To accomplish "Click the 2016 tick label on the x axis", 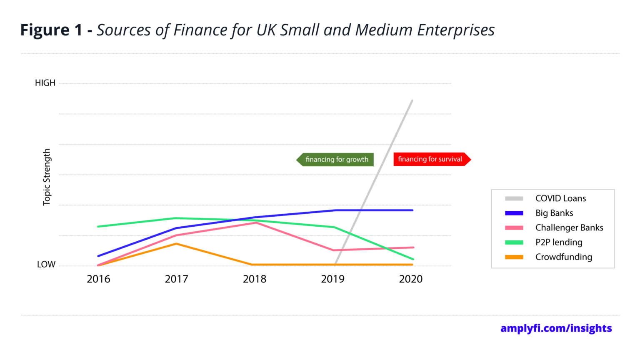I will click(98, 279).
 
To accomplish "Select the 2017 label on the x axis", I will click(176, 279).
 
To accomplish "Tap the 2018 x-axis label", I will click(255, 279).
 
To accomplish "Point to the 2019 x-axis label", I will click(332, 279).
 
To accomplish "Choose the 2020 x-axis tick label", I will click(411, 279).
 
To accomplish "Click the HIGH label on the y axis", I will click(45, 83).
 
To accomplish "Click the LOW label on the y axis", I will click(46, 265).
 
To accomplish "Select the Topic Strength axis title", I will click(47, 177).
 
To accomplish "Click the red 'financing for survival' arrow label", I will click(431, 159).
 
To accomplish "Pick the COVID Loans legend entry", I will click(560, 198).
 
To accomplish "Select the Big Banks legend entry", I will click(554, 213).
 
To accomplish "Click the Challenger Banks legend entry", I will click(569, 227).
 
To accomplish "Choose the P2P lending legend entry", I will click(558, 242).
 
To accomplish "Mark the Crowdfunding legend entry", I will click(563, 257).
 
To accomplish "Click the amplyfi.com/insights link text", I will click(556, 328).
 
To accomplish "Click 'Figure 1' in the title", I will click(51, 30).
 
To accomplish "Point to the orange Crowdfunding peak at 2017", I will click(177, 244).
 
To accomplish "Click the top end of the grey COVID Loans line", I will click(412, 101).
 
